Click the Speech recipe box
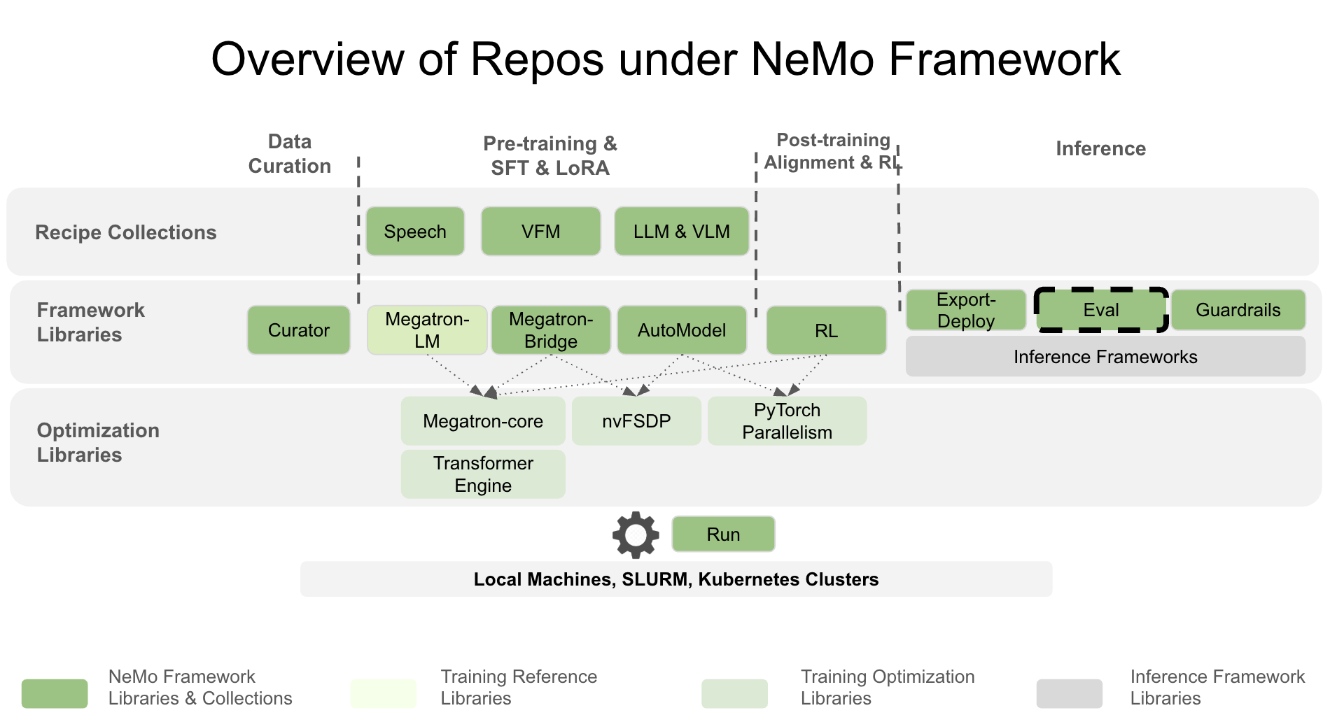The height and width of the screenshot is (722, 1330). click(415, 232)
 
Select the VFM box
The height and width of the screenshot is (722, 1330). click(540, 232)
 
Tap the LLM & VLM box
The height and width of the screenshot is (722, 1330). click(681, 232)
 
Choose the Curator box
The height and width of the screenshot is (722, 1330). click(299, 330)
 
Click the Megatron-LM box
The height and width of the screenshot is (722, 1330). click(427, 330)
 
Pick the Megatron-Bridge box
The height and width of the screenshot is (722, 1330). click(551, 330)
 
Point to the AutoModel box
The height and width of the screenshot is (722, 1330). click(682, 330)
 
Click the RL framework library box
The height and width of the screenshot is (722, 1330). click(826, 330)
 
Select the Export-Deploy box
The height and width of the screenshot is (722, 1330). click(966, 310)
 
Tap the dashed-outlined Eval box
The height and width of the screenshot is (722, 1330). click(1101, 310)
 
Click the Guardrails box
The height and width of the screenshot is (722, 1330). click(1238, 310)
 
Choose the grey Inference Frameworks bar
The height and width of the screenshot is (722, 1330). click(1105, 357)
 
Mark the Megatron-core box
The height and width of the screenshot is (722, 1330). click(483, 421)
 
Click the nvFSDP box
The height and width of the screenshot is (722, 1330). click(636, 421)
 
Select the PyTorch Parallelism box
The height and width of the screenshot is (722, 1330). click(787, 421)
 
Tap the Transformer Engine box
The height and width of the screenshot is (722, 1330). click(483, 474)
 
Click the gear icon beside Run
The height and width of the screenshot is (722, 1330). click(636, 535)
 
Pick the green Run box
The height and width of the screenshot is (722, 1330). click(723, 535)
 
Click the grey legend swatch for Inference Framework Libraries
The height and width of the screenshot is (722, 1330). click(1069, 693)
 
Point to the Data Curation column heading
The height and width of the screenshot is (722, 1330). click(290, 154)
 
